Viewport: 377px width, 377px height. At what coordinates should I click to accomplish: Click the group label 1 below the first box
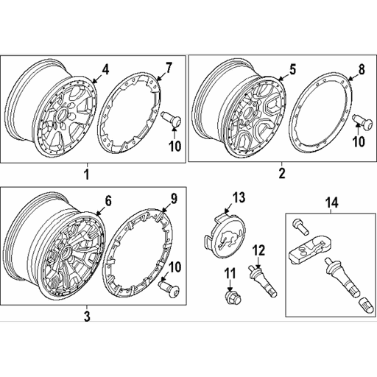86,175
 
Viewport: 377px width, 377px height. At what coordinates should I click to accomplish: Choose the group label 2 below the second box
281,175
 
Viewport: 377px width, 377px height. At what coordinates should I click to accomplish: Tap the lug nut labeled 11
229,296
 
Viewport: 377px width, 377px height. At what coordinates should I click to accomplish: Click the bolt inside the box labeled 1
169,117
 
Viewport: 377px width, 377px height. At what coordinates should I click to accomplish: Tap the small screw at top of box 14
298,222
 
